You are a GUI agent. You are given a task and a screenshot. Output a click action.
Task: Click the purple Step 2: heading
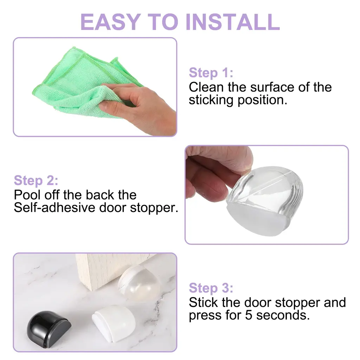tap(36, 180)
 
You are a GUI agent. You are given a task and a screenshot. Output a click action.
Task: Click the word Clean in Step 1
tap(206, 87)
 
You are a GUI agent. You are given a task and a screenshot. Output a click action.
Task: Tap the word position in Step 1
tap(262, 100)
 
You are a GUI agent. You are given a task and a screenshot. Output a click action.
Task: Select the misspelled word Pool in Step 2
tap(28, 195)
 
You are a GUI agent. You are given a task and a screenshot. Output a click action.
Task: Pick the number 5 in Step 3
tap(249, 315)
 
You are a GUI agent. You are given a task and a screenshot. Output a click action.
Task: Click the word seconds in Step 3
tap(283, 315)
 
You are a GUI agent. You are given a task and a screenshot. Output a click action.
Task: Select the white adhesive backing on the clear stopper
tap(257, 220)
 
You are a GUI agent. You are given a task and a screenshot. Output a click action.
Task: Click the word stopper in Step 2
tap(154, 208)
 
